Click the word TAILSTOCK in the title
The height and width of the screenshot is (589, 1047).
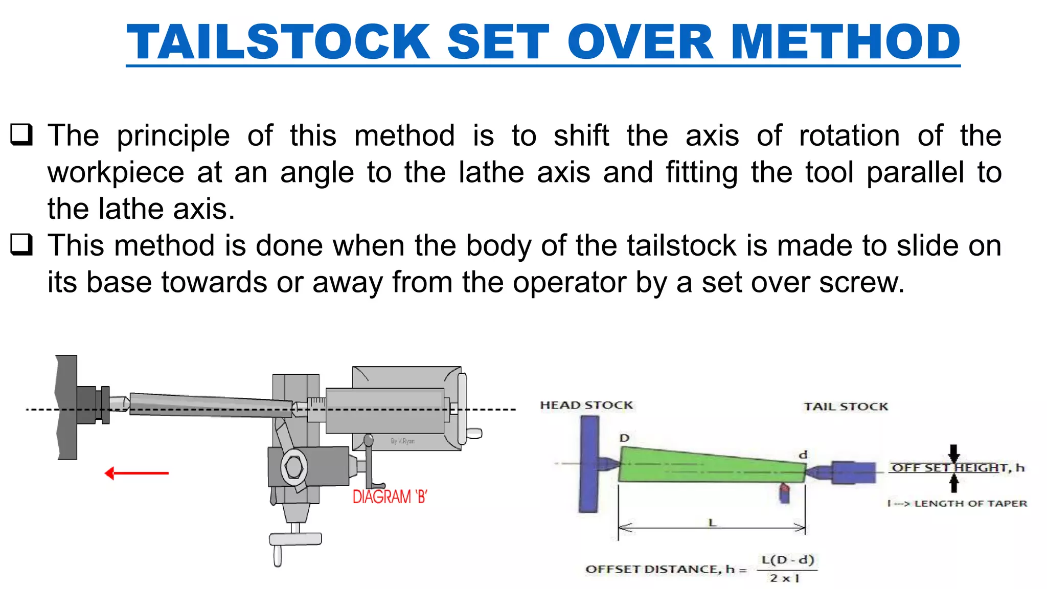[279, 42]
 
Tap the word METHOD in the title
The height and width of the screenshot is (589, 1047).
[846, 42]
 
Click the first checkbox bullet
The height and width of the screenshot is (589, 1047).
[21, 134]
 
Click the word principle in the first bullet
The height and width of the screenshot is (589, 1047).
[173, 136]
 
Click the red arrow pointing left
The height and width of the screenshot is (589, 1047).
[136, 473]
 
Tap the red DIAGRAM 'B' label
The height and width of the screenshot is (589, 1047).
[390, 496]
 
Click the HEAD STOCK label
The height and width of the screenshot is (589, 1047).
[586, 405]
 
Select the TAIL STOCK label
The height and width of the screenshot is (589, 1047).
[846, 406]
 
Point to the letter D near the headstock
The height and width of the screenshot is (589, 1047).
[624, 438]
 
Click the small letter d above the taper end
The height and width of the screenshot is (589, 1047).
[803, 455]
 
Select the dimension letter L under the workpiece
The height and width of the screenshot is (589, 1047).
[712, 523]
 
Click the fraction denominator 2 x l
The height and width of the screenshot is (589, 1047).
[784, 578]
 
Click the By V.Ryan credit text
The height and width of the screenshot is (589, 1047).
[402, 441]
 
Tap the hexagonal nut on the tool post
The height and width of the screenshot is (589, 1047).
[294, 467]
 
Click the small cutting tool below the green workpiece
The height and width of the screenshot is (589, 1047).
[784, 494]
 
